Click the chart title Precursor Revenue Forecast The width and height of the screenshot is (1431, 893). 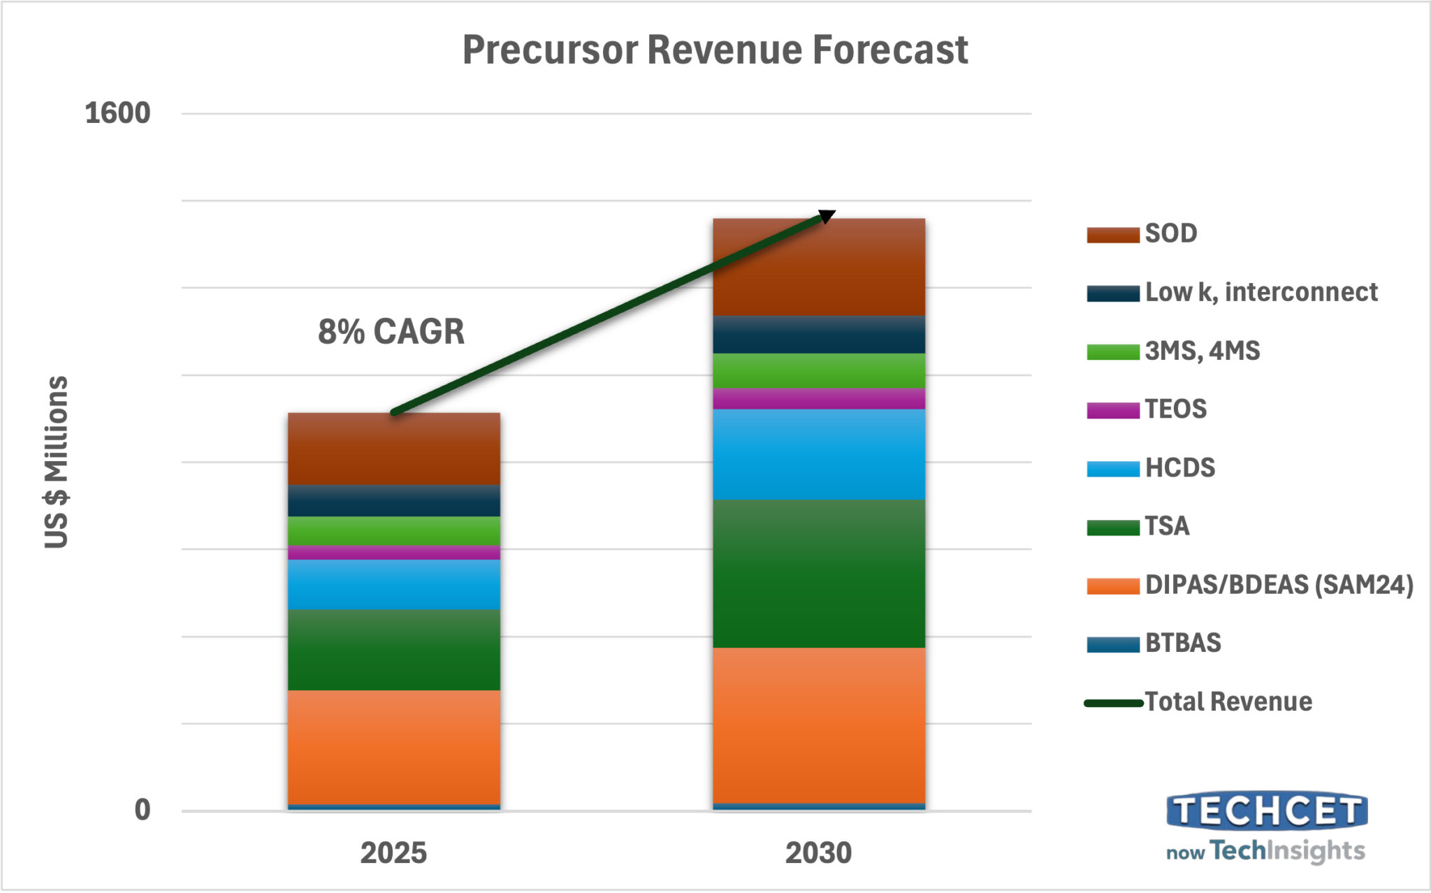click(x=715, y=50)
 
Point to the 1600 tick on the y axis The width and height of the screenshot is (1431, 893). click(x=117, y=113)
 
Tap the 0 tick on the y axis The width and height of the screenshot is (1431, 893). click(x=143, y=811)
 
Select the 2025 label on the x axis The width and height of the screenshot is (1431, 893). click(x=393, y=853)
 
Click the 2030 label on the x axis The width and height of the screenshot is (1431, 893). click(x=818, y=853)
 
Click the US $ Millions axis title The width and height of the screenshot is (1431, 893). click(x=57, y=463)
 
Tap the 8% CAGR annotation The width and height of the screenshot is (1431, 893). click(x=391, y=332)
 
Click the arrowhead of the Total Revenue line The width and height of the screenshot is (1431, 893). click(x=827, y=216)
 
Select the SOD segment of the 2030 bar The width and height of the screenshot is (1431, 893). click(x=819, y=267)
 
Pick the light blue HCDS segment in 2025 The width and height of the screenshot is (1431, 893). click(x=394, y=584)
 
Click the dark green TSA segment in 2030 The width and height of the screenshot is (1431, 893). click(x=819, y=574)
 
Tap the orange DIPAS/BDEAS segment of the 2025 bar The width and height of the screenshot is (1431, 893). click(x=394, y=747)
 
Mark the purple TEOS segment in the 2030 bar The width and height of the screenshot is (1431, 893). click(x=819, y=398)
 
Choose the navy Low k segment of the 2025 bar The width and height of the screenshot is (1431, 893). click(x=394, y=500)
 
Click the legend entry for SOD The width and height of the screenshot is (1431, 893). click(x=1142, y=233)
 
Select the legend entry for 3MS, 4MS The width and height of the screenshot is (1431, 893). click(x=1173, y=351)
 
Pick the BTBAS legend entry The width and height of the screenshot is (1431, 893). click(x=1154, y=643)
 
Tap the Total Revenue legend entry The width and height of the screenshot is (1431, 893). click(x=1198, y=702)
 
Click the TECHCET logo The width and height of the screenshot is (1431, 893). click(x=1266, y=827)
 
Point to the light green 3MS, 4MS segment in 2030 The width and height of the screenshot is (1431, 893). click(x=819, y=370)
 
